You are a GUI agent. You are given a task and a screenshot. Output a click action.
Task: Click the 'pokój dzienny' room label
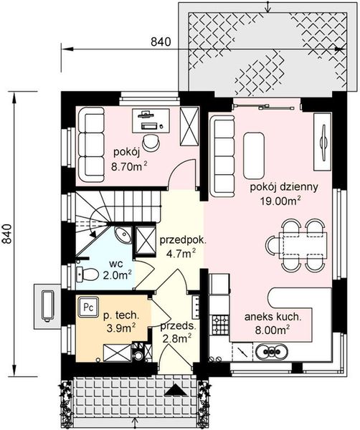pyautogui.click(x=284, y=188)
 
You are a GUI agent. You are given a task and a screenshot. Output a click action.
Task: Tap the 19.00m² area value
pyautogui.click(x=280, y=201)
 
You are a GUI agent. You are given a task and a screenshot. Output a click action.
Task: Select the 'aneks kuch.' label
pyautogui.click(x=273, y=317)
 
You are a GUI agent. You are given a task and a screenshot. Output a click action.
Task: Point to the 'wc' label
pyautogui.click(x=115, y=264)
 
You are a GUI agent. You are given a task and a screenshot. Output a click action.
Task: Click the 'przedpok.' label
pyautogui.click(x=183, y=241)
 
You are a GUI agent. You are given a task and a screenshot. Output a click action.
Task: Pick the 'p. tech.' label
pyautogui.click(x=121, y=315)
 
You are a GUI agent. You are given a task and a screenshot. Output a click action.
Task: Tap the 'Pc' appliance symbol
pyautogui.click(x=88, y=307)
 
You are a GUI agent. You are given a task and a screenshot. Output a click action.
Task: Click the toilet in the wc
pyautogui.click(x=87, y=274)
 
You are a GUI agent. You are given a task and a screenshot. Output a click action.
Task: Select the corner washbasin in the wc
pyautogui.click(x=123, y=235)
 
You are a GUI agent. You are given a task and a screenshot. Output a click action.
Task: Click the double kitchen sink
pyautogui.click(x=272, y=351)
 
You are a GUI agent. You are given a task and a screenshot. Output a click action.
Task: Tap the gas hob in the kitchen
pyautogui.click(x=220, y=324)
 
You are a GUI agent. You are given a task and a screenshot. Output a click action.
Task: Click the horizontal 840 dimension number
pyautogui.click(x=161, y=42)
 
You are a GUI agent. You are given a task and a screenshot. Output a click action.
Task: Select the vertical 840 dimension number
pyautogui.click(x=6, y=234)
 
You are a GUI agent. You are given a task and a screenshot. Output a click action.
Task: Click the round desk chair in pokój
pyautogui.click(x=151, y=143)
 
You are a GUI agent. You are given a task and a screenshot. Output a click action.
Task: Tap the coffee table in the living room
pyautogui.click(x=254, y=156)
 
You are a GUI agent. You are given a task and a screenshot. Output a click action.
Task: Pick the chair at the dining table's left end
pyautogui.click(x=273, y=245)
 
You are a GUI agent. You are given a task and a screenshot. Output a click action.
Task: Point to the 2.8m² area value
pyautogui.click(x=177, y=339)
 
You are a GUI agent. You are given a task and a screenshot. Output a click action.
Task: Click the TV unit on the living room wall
pyautogui.click(x=323, y=142)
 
